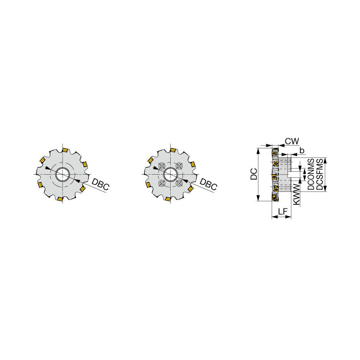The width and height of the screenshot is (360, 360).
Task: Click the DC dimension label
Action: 253,174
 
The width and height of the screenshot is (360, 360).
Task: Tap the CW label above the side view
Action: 292,141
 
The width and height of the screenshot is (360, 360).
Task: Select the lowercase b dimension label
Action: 302,150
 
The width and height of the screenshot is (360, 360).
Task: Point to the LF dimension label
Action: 283,211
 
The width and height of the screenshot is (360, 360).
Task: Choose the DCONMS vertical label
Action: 311,174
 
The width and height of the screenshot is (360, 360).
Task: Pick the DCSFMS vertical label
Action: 319,174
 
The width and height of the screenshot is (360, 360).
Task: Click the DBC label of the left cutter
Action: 100,184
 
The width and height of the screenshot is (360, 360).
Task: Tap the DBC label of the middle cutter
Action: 208,184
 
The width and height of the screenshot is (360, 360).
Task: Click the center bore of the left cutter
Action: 62,175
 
